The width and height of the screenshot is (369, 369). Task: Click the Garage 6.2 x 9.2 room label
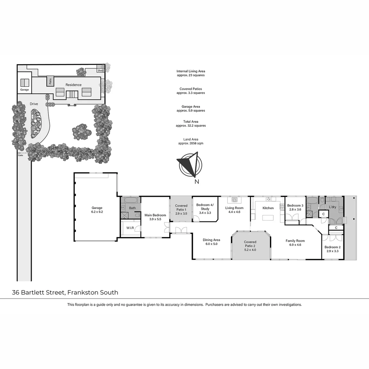[97, 210]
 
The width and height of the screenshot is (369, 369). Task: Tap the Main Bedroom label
[155, 217]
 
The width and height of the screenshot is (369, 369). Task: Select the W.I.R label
[129, 228]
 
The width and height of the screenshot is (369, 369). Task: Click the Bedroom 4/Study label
[205, 208]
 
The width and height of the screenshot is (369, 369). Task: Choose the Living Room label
[234, 210]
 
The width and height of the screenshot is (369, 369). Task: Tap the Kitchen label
[268, 208]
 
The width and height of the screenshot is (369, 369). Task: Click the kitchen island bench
[268, 218]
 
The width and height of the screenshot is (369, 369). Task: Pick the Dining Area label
[211, 242]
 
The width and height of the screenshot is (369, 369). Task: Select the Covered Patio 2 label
[250, 246]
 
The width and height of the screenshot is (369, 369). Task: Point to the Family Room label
[295, 243]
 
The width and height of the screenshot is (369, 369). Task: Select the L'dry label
[333, 207]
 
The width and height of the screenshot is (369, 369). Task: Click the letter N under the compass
[196, 182]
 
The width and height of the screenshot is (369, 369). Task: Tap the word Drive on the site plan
[34, 104]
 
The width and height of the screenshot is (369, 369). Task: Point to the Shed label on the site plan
[100, 71]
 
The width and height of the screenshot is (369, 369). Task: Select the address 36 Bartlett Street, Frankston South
[65, 292]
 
